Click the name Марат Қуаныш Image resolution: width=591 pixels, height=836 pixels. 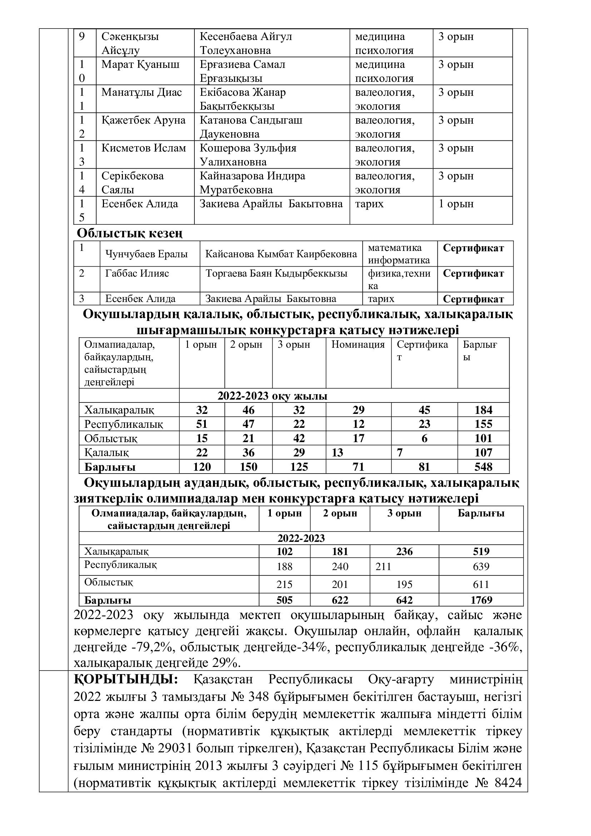140,64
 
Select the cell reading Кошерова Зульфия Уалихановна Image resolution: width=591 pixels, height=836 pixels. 248,155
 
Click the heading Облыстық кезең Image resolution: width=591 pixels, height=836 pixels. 130,233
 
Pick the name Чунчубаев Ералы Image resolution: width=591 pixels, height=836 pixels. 146,254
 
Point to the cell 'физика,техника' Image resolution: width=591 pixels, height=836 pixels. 399,279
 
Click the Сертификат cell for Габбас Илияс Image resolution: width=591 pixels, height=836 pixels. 473,273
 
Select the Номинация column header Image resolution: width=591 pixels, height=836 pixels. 358,345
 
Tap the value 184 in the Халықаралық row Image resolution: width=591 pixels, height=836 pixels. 483,410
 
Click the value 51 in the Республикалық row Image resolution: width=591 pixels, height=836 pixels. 202,424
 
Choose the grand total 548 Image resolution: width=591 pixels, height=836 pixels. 483,467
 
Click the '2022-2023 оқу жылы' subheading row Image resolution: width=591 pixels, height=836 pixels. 272,396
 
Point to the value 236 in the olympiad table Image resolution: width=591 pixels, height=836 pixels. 404,551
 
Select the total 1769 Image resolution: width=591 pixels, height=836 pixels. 481,600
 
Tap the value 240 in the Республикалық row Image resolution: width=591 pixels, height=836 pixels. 340,567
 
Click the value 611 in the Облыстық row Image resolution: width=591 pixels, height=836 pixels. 481,584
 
